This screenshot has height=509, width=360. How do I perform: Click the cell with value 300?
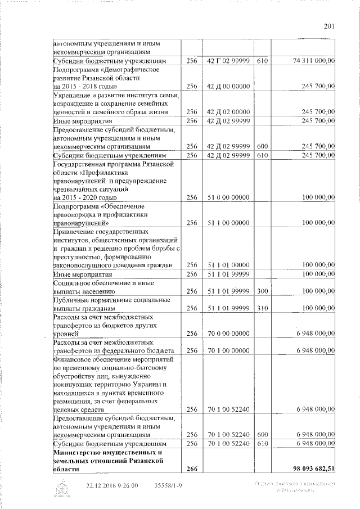click(x=262, y=291)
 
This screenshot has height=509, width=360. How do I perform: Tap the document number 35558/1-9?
click(x=169, y=486)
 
